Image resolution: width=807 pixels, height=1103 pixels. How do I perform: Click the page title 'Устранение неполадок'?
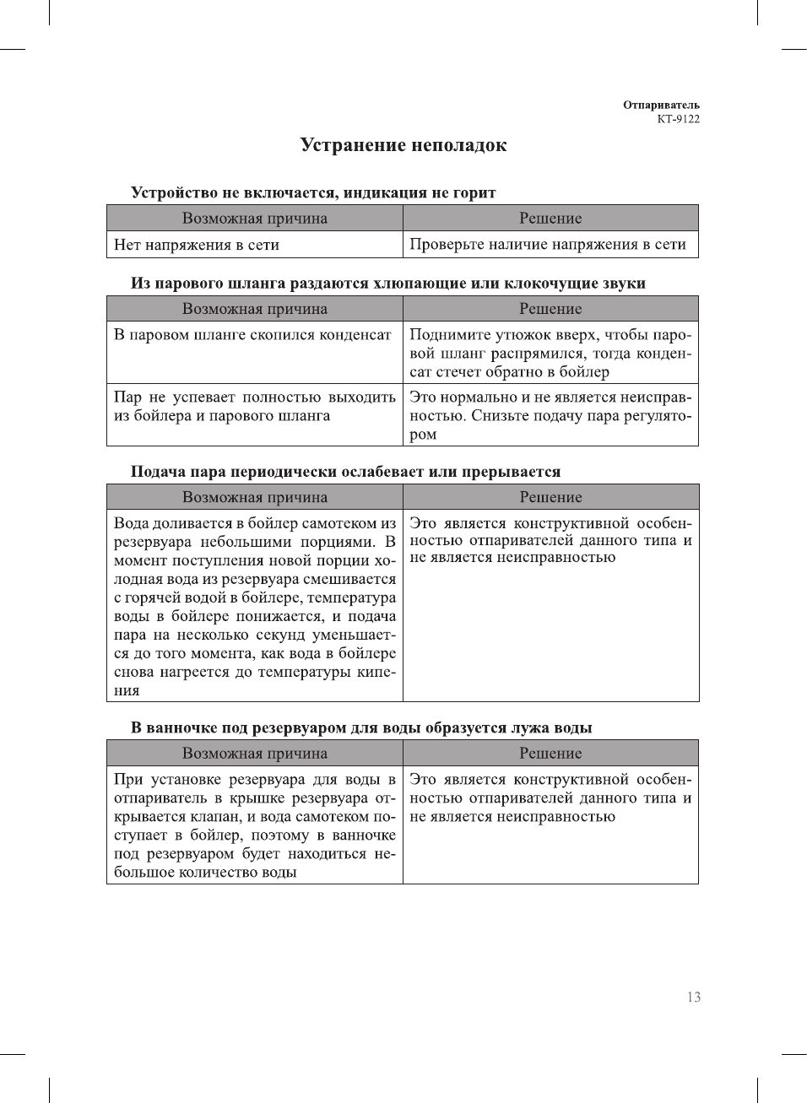point(403,145)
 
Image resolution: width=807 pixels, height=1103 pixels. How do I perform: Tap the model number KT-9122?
point(678,119)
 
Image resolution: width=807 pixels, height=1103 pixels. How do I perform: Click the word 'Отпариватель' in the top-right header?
point(661,105)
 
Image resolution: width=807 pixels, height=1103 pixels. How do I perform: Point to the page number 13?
point(693,997)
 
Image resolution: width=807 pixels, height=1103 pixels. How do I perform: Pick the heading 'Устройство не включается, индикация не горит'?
point(313,192)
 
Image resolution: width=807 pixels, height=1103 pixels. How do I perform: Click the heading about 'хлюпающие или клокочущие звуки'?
point(387,283)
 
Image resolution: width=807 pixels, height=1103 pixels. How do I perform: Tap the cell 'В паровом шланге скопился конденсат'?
point(252,335)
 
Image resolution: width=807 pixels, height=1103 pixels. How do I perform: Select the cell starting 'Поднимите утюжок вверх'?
point(550,353)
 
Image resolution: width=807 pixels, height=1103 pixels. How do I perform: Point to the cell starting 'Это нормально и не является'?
point(550,415)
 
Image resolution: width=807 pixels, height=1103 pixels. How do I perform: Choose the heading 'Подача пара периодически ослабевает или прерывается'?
point(345,471)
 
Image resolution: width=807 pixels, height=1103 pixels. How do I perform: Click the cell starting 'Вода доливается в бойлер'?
point(254,606)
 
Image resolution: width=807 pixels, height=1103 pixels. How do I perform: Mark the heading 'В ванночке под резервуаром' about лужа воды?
point(361,727)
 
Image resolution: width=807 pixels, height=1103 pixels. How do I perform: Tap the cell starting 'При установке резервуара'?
point(254,825)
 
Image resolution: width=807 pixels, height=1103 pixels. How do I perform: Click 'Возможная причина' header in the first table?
point(254,219)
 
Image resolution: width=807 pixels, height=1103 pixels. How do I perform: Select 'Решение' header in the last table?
point(550,753)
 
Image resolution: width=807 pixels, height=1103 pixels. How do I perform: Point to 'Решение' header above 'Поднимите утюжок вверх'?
point(550,309)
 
